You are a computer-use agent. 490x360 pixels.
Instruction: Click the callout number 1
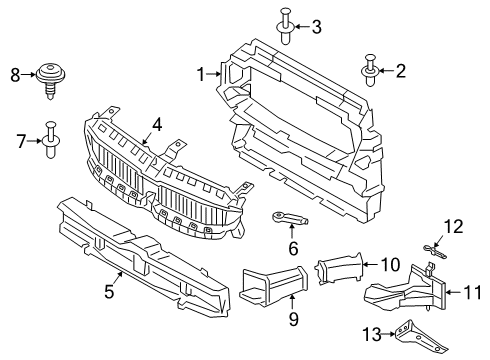pos(200,73)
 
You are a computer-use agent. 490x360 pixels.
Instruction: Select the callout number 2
pos(401,70)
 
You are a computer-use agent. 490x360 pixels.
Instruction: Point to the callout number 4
pos(157,126)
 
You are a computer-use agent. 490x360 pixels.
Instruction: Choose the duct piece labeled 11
pos(411,292)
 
